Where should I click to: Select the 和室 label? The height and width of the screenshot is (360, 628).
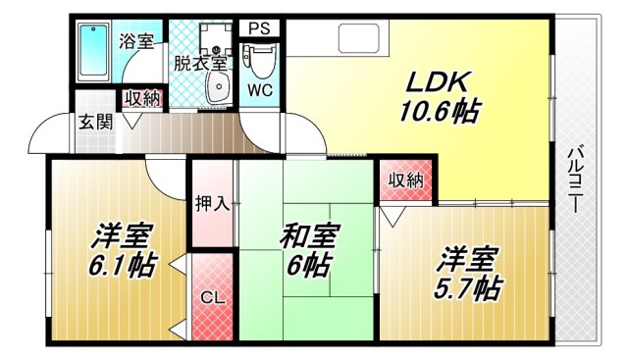(x=309, y=237)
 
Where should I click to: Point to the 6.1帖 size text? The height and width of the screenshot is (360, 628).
(x=122, y=266)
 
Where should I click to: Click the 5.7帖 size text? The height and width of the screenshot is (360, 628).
(x=469, y=288)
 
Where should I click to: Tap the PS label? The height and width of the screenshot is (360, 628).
(x=259, y=27)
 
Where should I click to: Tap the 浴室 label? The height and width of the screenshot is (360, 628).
(x=135, y=41)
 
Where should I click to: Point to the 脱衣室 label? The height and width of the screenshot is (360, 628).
(x=200, y=63)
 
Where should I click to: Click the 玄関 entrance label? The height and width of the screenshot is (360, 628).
(x=95, y=122)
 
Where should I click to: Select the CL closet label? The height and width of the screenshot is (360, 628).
(x=212, y=297)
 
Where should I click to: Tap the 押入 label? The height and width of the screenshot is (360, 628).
(x=212, y=203)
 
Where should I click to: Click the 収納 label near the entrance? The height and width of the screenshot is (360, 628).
(x=141, y=97)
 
